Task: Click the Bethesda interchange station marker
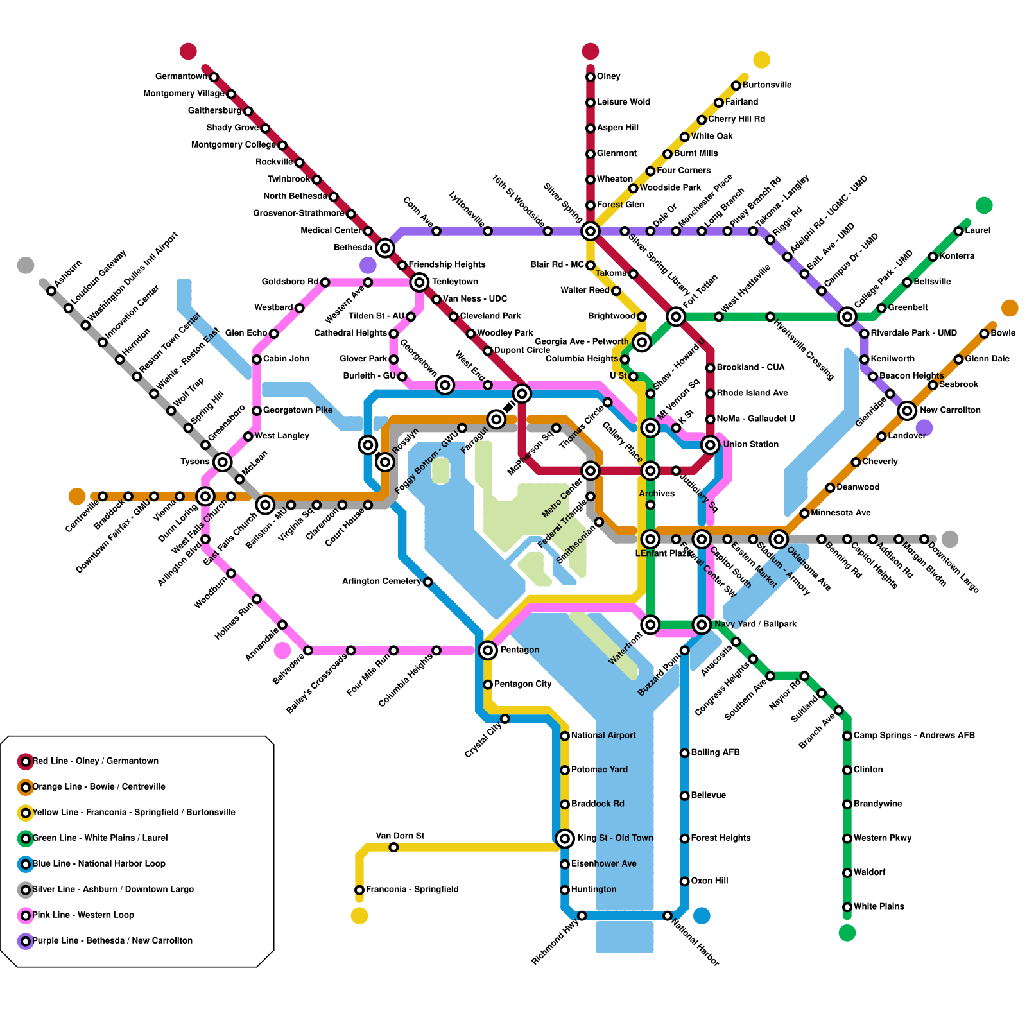point(385,248)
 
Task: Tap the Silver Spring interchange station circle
point(591,231)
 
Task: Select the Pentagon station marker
point(488,650)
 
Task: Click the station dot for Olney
point(591,77)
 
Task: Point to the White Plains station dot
point(847,907)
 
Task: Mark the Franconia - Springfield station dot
point(359,890)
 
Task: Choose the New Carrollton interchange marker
point(907,410)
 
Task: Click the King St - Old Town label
point(615,838)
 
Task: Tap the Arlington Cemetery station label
point(381,582)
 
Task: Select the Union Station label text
point(750,444)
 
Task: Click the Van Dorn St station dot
point(393,847)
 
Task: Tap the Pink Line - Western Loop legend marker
point(26,915)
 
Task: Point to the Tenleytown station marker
point(419,282)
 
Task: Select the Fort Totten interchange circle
point(676,316)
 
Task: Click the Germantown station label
point(181,76)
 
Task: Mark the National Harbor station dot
point(668,915)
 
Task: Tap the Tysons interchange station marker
point(223,462)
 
